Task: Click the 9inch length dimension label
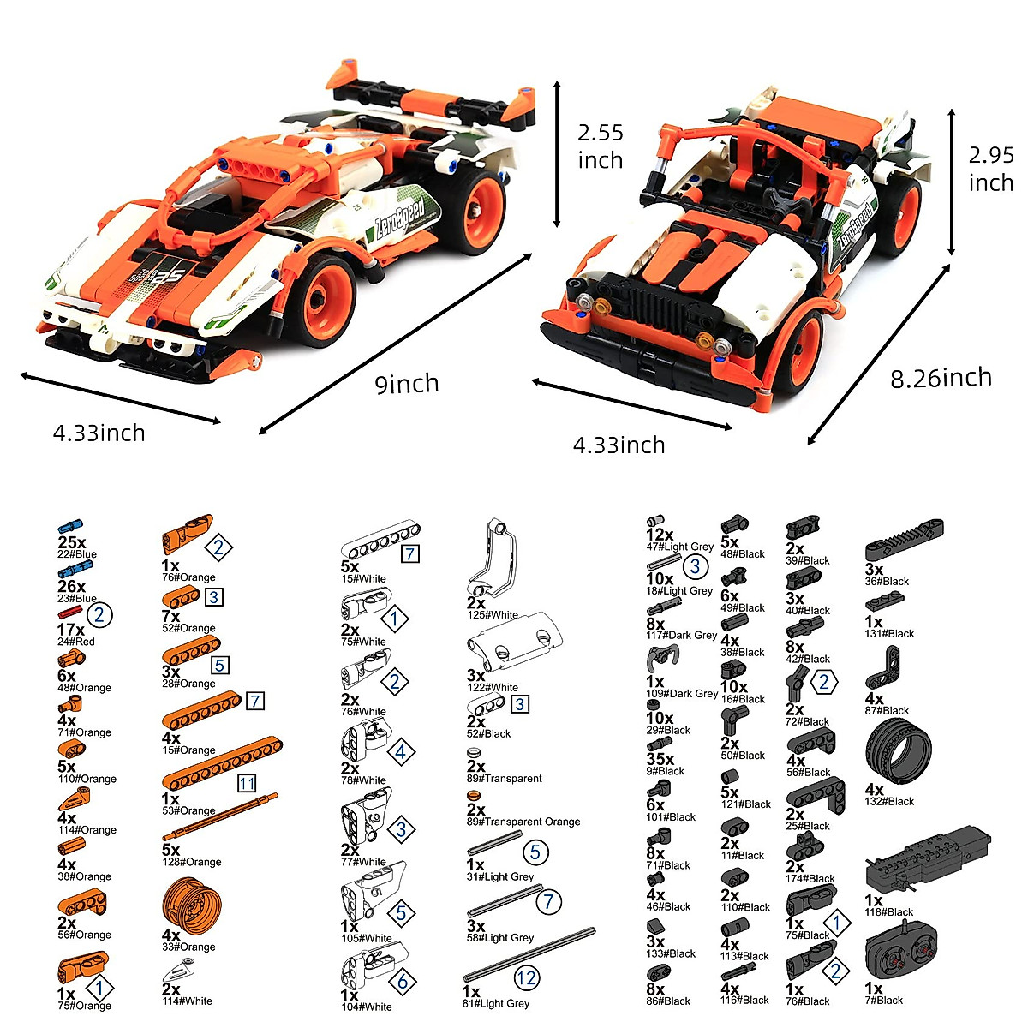(x=407, y=384)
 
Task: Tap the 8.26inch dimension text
(x=941, y=378)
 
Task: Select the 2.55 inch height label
(x=600, y=146)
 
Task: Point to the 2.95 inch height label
(x=991, y=169)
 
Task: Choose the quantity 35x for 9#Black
(x=660, y=759)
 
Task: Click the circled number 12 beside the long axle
(x=526, y=977)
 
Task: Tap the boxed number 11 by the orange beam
(x=247, y=784)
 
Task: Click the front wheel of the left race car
(x=325, y=300)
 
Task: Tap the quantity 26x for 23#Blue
(x=71, y=587)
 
